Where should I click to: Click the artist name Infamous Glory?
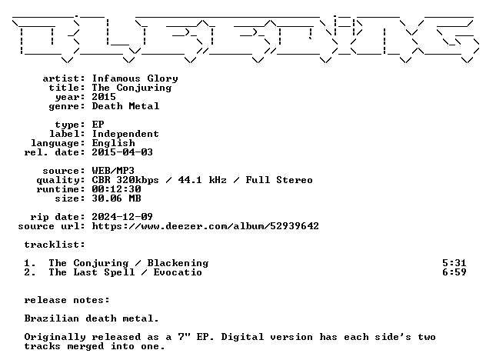[135, 78]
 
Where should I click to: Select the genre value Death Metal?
[125, 106]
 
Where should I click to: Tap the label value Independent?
[125, 134]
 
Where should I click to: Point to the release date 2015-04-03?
[122, 152]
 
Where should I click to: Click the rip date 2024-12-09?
[122, 217]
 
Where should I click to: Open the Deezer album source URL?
[205, 226]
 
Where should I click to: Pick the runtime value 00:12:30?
[116, 189]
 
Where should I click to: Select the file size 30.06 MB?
[116, 198]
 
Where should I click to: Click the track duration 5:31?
[454, 263]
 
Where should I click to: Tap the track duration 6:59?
[454, 272]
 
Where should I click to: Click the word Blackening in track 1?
[178, 263]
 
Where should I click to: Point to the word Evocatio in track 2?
[178, 272]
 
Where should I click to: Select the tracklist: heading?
[55, 245]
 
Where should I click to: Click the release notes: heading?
[67, 300]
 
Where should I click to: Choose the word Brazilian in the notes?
[52, 318]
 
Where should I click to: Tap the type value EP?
[98, 125]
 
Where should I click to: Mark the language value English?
[114, 143]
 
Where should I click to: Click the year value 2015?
[104, 97]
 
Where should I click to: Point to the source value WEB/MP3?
[113, 171]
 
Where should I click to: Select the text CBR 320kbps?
[125, 180]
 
